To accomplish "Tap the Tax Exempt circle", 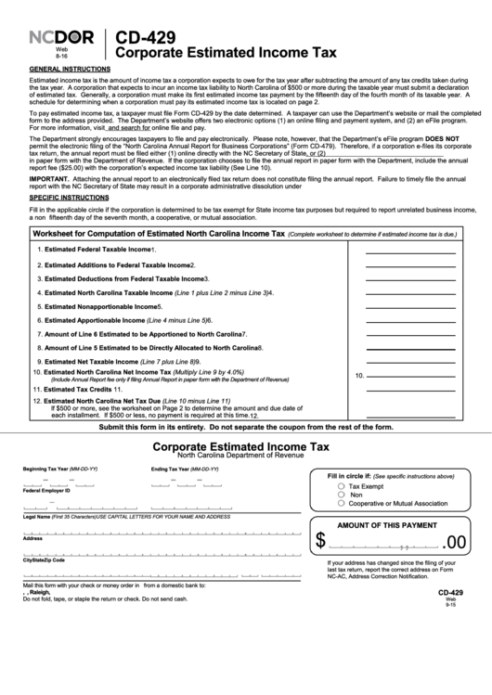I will click(342, 485).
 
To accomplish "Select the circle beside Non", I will click(342, 495).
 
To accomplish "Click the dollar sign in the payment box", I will click(321, 542).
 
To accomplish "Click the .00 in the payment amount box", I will click(456, 542).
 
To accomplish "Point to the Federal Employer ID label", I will click(47, 490).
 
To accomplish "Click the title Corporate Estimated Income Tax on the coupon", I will click(240, 446).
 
